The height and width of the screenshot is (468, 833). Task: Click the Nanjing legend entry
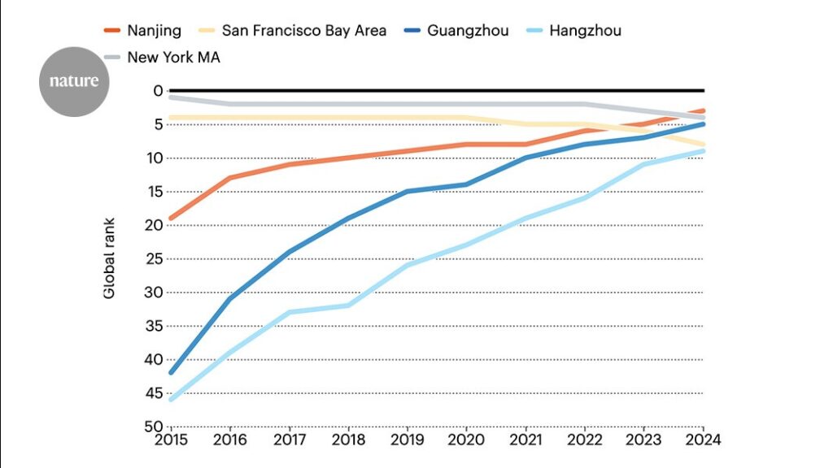tap(142, 31)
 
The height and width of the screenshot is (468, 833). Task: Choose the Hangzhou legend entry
tap(585, 31)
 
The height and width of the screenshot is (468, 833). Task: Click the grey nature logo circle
tap(74, 81)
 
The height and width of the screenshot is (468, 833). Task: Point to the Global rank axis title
tap(109, 258)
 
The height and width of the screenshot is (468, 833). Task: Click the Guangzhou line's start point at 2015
tap(170, 373)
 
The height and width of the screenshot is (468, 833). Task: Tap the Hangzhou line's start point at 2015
tap(170, 400)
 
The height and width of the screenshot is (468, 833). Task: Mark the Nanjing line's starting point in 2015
tap(170, 219)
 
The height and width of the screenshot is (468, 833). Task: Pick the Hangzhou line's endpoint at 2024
tap(704, 151)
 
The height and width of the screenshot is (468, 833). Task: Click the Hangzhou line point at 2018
tap(348, 305)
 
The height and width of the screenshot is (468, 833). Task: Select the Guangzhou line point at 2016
tap(229, 299)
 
